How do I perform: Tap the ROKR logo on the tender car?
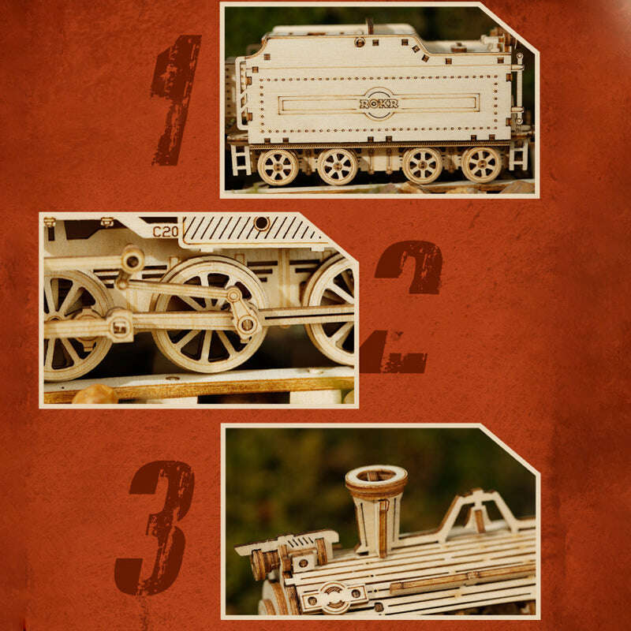coord(379,103)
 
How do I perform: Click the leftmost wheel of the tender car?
coord(278,166)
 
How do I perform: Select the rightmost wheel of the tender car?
coord(482,164)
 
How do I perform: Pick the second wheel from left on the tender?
coord(338,166)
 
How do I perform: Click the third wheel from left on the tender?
coord(422,165)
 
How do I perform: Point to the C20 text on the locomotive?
coord(166,231)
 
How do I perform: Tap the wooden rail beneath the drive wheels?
coord(197,386)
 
